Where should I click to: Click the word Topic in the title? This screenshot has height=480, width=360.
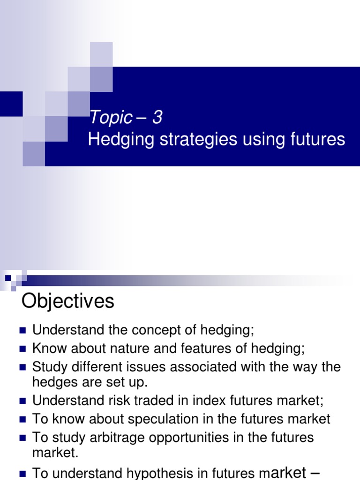111,118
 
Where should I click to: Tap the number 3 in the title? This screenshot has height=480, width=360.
157,117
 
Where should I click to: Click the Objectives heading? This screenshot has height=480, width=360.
68,301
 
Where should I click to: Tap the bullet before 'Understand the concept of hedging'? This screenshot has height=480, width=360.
22,330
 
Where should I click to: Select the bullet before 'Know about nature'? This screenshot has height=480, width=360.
22,349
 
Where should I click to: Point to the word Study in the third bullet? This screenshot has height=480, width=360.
49,367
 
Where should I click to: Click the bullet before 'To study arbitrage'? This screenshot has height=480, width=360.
22,438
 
